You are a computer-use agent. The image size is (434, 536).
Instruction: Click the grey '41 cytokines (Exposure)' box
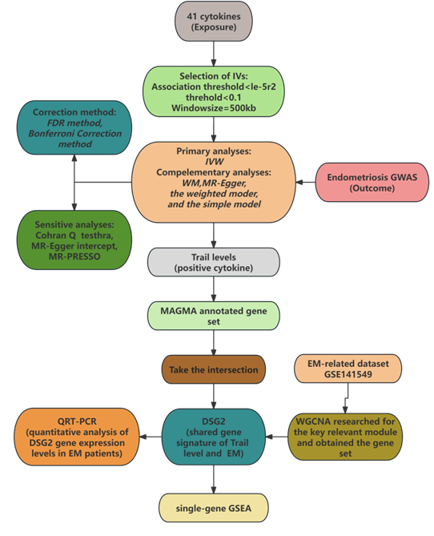[x=214, y=22]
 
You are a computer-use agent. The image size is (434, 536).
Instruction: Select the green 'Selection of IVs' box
[x=214, y=91]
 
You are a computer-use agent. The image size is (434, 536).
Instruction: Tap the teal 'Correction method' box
[x=74, y=127]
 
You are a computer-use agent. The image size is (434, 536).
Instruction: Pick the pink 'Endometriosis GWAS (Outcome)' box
[x=372, y=182]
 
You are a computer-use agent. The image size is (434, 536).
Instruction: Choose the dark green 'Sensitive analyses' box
[x=74, y=240]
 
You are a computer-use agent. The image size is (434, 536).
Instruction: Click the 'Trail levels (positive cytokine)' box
[x=214, y=262]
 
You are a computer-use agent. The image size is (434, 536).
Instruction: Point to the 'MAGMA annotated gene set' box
[x=214, y=316]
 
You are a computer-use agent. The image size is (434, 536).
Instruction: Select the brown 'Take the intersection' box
[x=214, y=369]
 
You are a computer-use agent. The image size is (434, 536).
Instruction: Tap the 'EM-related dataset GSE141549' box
[x=348, y=369]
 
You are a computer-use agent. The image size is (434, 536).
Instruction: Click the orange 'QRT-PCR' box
[x=77, y=437]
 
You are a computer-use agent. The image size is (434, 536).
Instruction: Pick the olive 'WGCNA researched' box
[x=345, y=437]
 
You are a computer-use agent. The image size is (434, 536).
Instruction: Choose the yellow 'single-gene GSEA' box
[x=214, y=508]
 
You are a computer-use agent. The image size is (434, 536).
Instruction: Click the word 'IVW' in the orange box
[x=214, y=162]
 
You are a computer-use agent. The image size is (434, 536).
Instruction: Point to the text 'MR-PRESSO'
[x=74, y=256]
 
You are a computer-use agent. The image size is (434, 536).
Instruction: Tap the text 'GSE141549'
[x=348, y=374]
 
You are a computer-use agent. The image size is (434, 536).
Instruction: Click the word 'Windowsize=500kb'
[x=214, y=108]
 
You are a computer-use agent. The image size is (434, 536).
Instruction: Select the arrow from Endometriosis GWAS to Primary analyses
[x=306, y=182]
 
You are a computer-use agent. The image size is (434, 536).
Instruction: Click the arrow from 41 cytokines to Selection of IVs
[x=214, y=54]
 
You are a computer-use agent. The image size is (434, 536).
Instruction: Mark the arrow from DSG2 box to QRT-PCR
[x=151, y=437]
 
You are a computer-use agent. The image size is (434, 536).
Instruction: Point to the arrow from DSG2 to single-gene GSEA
[x=214, y=479]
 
